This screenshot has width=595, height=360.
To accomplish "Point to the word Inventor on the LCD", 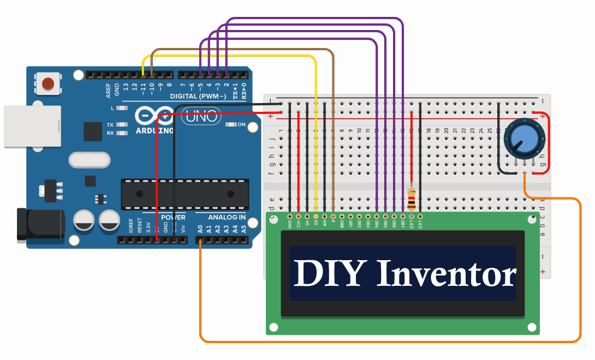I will (x=447, y=274).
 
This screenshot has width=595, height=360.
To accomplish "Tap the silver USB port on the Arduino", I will (x=31, y=126).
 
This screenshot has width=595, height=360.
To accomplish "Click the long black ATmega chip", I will (x=186, y=194).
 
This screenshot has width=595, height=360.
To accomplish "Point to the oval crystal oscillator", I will (x=90, y=160).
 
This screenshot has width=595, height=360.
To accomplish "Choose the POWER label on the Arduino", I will (x=173, y=217).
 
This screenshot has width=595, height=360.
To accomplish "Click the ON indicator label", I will (x=253, y=125).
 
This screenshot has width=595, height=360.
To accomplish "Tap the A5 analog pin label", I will (x=243, y=229).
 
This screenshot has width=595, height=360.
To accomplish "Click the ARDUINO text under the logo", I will (x=154, y=131).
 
